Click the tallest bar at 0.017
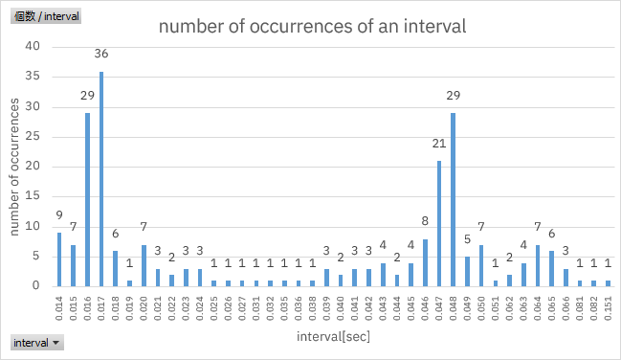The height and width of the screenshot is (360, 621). [101, 178]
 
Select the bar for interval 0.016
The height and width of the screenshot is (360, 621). [87, 199]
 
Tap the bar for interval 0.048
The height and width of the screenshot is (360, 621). [453, 199]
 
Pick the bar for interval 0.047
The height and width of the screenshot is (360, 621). [438, 223]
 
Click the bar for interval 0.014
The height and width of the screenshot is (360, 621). [59, 259]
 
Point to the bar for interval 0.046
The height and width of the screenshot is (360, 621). [425, 262]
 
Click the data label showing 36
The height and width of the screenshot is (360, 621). [101, 54]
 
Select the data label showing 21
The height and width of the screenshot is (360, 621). [438, 144]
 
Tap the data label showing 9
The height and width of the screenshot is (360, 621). [59, 215]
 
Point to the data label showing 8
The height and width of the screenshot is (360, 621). [425, 221]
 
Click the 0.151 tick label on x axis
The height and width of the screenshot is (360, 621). [608, 309]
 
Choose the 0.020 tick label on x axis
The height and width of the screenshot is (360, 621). [144, 309]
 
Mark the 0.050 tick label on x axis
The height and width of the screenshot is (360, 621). [481, 309]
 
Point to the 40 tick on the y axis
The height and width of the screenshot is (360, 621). [34, 46]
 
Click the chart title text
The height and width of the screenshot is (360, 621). [312, 27]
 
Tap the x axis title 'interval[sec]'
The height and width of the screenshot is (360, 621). [332, 337]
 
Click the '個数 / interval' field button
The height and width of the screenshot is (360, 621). [47, 16]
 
